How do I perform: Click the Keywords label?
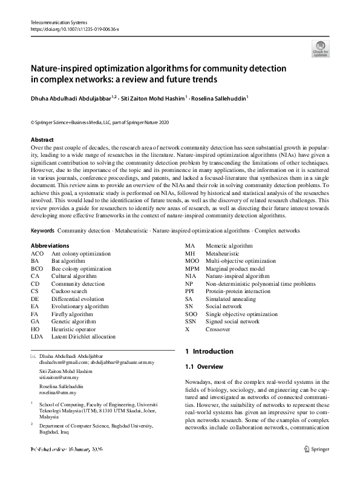click(42, 231)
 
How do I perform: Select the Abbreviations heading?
click(50, 245)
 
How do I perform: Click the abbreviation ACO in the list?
click(37, 253)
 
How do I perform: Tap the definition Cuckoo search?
click(68, 291)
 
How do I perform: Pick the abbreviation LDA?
click(37, 336)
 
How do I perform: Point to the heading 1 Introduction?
click(209, 351)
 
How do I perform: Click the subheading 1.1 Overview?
click(204, 367)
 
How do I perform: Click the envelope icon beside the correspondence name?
click(33, 357)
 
